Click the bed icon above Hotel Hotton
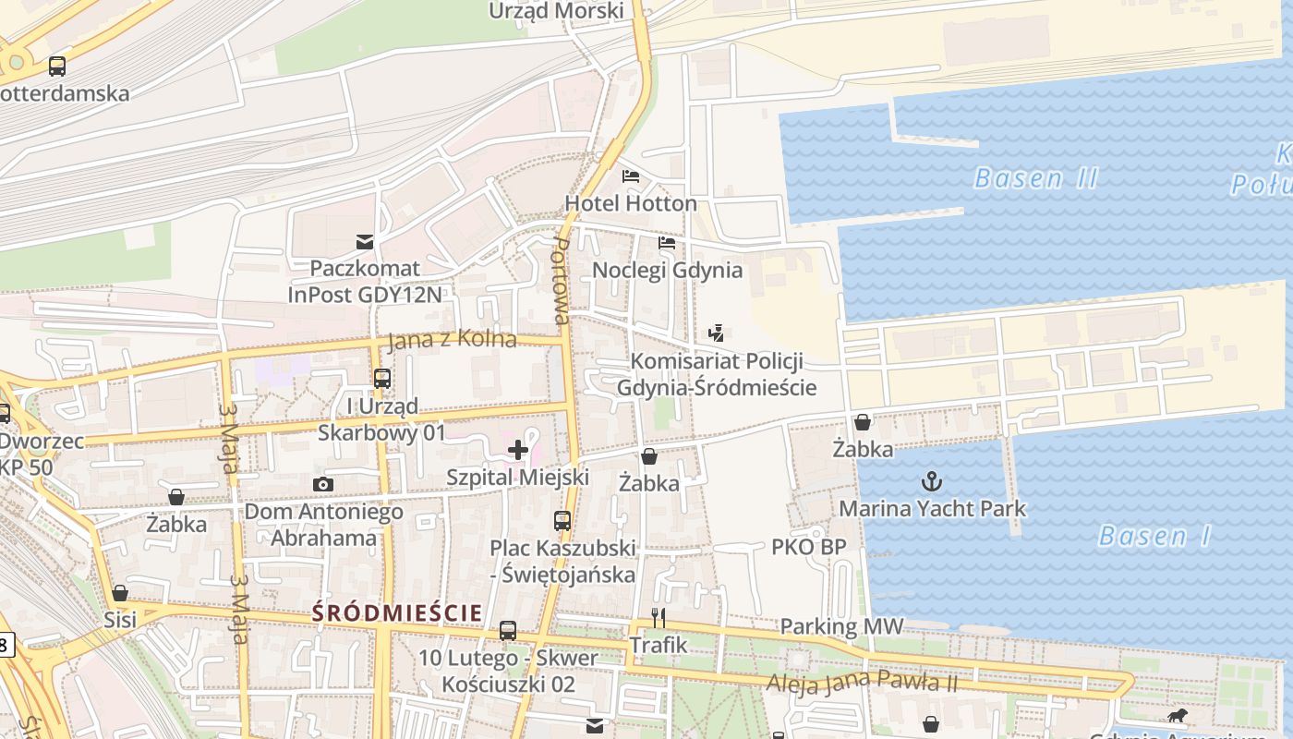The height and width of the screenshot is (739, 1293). [631, 176]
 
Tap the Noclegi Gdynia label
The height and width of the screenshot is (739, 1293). [667, 270]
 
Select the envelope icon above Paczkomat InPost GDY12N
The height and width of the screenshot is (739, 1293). [365, 242]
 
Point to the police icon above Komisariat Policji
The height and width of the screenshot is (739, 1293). [716, 333]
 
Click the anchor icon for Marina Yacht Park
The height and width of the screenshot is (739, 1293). [932, 480]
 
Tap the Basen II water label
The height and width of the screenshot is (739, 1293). [1035, 177]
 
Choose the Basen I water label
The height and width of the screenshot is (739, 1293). [1154, 536]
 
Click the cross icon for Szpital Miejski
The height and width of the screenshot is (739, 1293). [518, 450]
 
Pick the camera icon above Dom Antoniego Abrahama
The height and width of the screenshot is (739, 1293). [322, 484]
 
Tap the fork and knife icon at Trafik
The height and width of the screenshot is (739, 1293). [659, 617]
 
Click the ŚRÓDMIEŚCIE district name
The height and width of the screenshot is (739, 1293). [397, 612]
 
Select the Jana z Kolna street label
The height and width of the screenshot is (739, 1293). [452, 340]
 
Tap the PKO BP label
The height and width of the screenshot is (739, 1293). [808, 547]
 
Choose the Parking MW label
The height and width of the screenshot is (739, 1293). [841, 626]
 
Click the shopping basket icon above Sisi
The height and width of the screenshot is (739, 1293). [120, 593]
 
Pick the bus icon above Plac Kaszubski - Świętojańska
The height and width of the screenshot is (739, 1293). [562, 520]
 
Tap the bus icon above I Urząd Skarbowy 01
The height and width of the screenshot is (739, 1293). [381, 378]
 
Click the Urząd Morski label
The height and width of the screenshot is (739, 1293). [556, 11]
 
